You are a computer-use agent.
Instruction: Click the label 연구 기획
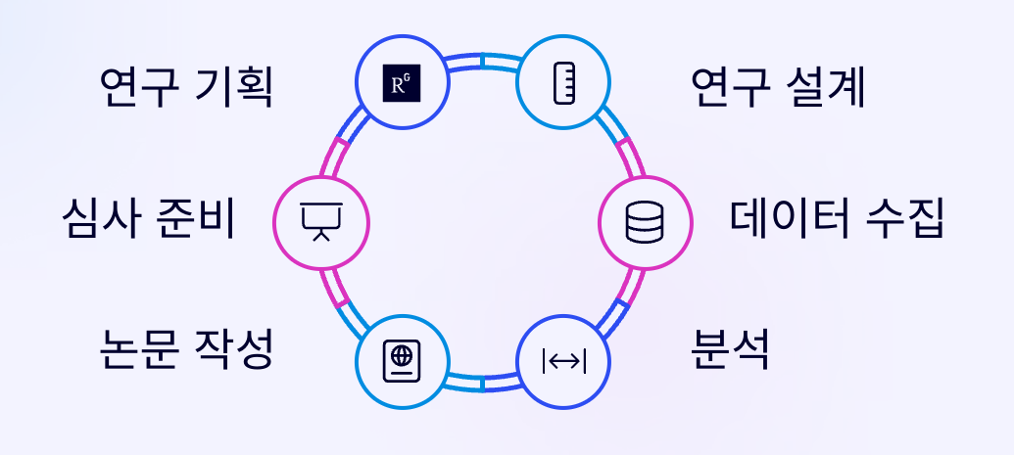[186, 89]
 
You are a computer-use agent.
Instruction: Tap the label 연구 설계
[778, 89]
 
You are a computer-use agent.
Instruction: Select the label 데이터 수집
[837, 220]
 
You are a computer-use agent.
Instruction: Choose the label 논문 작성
[186, 349]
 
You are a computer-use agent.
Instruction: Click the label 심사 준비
[148, 220]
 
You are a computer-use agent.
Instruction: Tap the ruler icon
[563, 84]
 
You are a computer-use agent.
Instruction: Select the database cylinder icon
[644, 222]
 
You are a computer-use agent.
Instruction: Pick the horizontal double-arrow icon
[563, 361]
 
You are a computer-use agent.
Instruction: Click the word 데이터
[784, 220]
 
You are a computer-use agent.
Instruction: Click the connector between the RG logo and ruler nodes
[482, 62]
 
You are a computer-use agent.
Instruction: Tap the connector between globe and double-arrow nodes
[482, 383]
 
